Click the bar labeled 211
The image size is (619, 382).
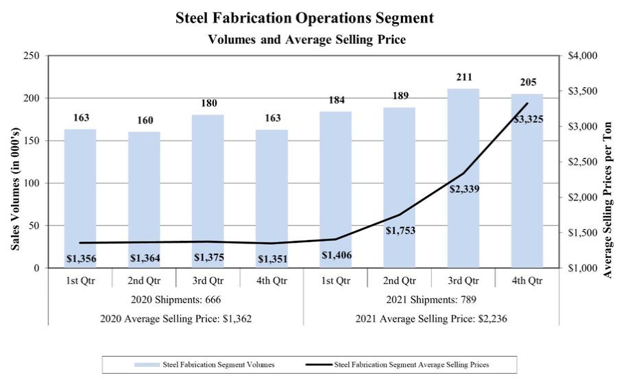463,178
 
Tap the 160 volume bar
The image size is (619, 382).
144,199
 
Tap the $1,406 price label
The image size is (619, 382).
335,255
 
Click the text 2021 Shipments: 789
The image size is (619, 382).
430,300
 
